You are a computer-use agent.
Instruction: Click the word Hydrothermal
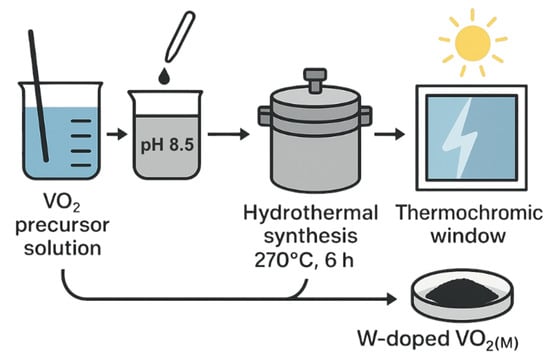[302, 213]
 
